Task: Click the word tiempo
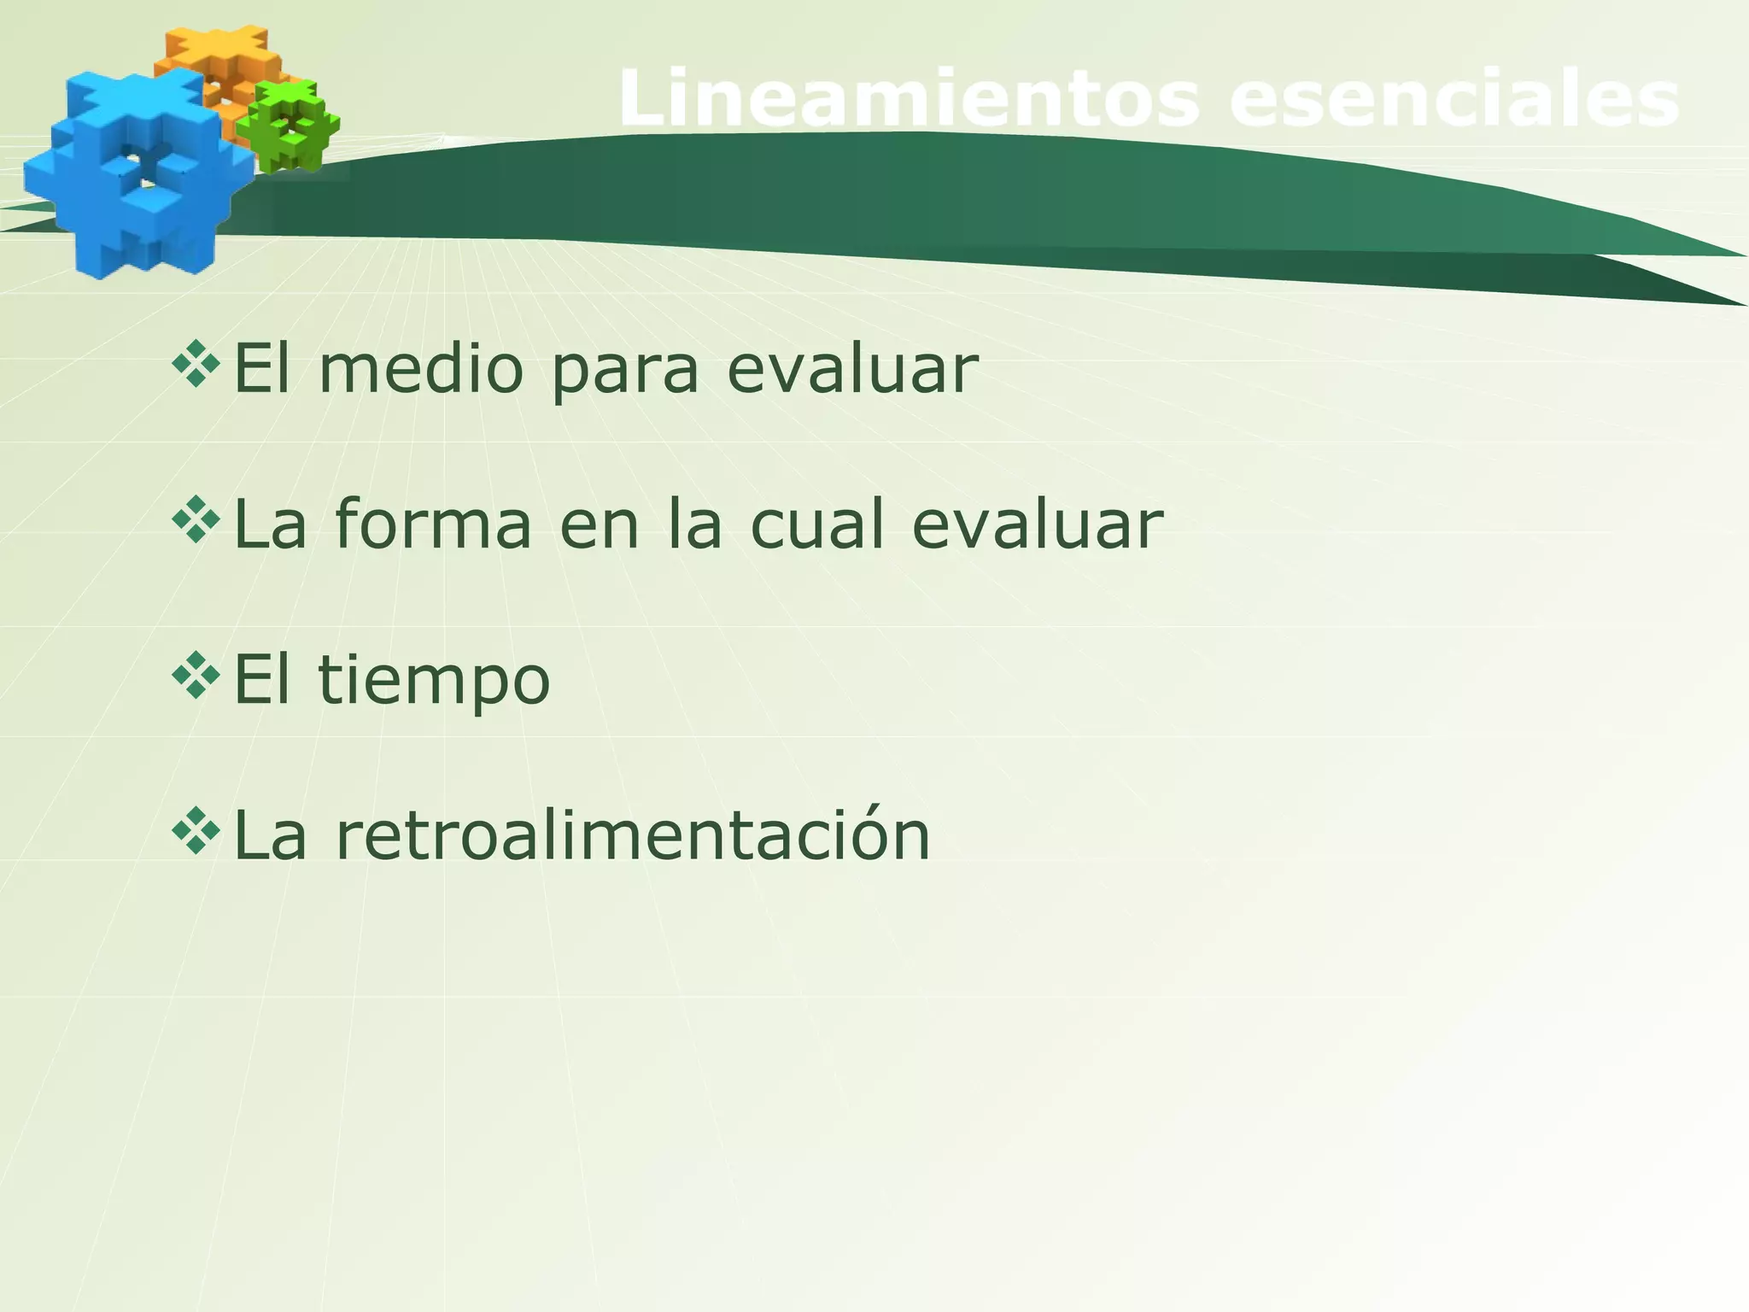[x=434, y=682]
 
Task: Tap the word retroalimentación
[x=632, y=835]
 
